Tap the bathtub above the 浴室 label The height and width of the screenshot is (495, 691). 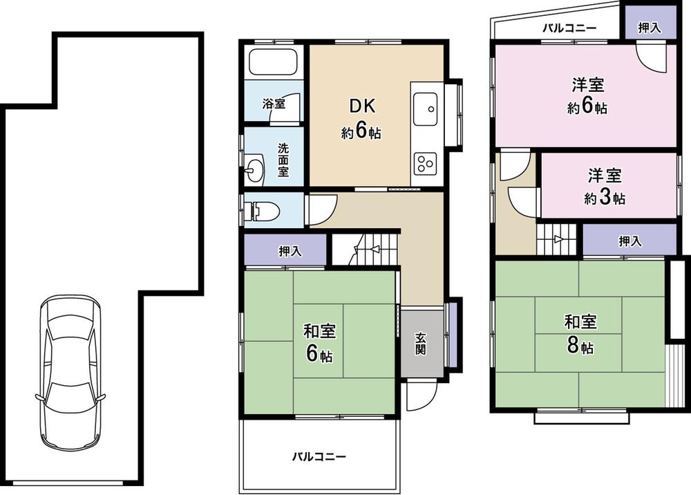click(273, 64)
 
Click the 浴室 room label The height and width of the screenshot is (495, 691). click(274, 104)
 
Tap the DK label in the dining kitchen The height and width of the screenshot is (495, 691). click(361, 106)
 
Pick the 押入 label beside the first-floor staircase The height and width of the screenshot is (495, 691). click(290, 252)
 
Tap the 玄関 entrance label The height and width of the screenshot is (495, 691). click(420, 344)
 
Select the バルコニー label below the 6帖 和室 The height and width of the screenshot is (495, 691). click(318, 457)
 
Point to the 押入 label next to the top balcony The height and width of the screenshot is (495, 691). click(649, 28)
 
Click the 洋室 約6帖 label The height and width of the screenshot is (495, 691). click(587, 96)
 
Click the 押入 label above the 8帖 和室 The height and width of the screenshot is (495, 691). click(630, 241)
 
